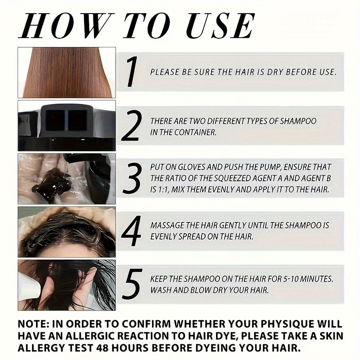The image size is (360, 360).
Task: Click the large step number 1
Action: tap(132, 72)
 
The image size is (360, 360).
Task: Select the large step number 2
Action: tap(131, 125)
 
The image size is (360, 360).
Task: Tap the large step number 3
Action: tap(132, 178)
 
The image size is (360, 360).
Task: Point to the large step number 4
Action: tap(131, 231)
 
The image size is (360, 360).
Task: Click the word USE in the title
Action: tap(220, 26)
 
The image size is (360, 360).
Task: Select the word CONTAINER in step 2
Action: tap(195, 132)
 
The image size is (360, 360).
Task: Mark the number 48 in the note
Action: tap(102, 348)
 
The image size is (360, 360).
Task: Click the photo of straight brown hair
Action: tap(66, 72)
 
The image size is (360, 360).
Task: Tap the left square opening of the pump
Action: tap(55, 120)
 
